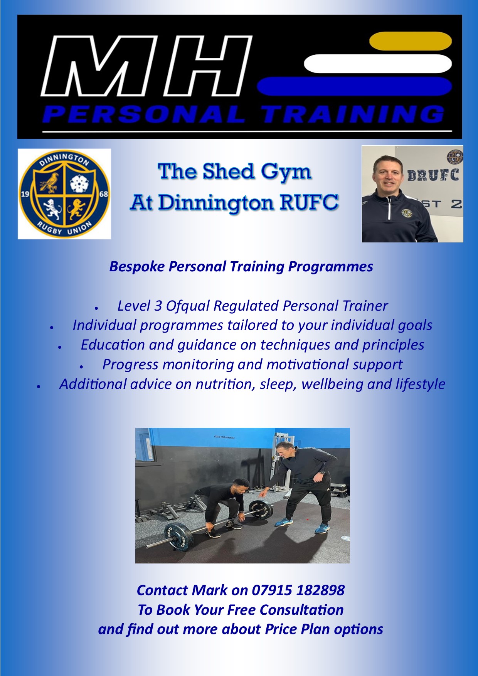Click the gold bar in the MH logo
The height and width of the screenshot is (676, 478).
410,41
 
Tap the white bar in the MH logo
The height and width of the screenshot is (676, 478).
378,64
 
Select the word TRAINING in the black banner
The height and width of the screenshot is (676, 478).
353,114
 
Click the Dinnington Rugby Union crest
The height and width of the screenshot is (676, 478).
64,194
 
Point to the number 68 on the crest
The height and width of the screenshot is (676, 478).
104,194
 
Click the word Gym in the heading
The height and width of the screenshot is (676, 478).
285,172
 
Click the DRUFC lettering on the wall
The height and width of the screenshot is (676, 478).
433,175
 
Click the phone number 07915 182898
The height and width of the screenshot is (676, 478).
298,590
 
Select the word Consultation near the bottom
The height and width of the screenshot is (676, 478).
301,610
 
